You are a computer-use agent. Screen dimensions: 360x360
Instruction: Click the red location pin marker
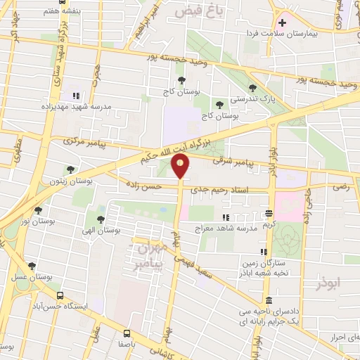(181, 167)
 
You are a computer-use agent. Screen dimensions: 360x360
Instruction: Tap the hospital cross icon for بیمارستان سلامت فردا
(282, 22)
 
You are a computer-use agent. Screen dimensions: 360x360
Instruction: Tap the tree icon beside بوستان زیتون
(70, 169)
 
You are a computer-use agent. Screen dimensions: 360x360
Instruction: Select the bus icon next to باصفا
(127, 333)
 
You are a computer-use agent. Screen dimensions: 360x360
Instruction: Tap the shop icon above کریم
(269, 213)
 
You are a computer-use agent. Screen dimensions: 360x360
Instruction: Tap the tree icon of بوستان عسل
(32, 266)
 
